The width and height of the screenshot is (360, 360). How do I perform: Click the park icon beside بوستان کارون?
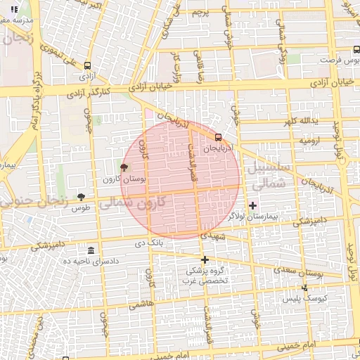pyautogui.click(x=124, y=168)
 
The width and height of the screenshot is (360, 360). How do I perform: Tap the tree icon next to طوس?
pyautogui.click(x=81, y=198)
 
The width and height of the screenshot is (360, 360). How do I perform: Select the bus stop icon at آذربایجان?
pyautogui.click(x=218, y=138)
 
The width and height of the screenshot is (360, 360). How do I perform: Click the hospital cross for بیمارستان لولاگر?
pyautogui.click(x=253, y=205)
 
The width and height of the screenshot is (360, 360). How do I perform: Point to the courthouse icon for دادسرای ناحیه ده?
pyautogui.click(x=91, y=251)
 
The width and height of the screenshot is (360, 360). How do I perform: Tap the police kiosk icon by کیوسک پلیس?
pyautogui.click(x=304, y=287)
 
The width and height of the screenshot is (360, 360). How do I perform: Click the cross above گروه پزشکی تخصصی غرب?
pyautogui.click(x=205, y=259)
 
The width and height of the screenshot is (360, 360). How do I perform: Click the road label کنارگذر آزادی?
pyautogui.click(x=89, y=92)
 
